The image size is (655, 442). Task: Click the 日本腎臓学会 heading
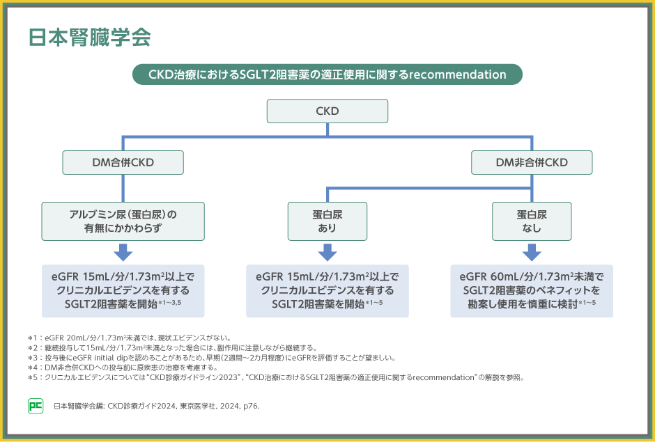pyautogui.click(x=89, y=38)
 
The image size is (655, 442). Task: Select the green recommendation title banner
pyautogui.click(x=327, y=74)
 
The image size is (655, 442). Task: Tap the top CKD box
pyautogui.click(x=327, y=111)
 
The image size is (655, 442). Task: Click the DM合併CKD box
pyautogui.click(x=123, y=162)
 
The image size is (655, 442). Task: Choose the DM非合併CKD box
pyautogui.click(x=532, y=162)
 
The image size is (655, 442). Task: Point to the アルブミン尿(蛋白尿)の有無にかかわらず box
pyautogui.click(x=123, y=221)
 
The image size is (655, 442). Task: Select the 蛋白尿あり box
pyautogui.click(x=327, y=221)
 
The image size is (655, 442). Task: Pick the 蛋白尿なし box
pyautogui.click(x=532, y=221)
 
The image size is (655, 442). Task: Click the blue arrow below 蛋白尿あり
pyautogui.click(x=327, y=252)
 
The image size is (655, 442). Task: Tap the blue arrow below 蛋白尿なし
pyautogui.click(x=532, y=252)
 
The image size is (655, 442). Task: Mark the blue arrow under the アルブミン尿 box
pyautogui.click(x=123, y=252)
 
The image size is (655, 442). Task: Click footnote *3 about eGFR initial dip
pyautogui.click(x=209, y=358)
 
